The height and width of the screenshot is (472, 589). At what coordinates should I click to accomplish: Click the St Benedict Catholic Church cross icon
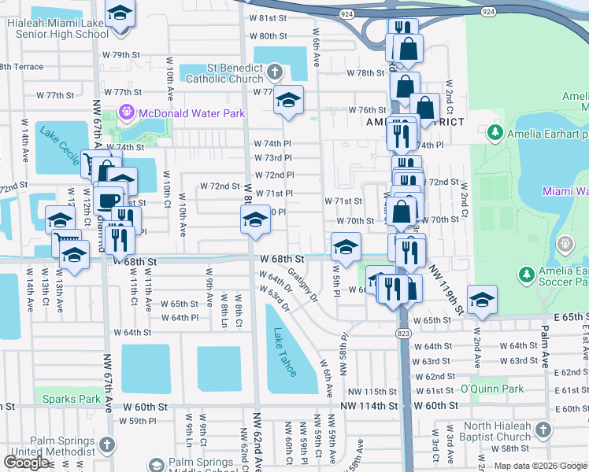click(274, 73)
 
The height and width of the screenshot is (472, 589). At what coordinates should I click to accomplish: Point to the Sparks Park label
click(72, 400)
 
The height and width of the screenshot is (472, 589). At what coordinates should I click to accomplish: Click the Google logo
click(26, 462)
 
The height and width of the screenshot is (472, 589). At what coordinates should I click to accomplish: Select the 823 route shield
click(403, 334)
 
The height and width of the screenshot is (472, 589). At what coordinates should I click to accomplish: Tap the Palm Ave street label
click(544, 351)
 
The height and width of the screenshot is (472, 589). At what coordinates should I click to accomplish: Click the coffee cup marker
click(109, 197)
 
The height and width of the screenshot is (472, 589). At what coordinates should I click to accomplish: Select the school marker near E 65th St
click(482, 299)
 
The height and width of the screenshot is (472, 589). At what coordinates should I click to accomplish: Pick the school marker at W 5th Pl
click(346, 247)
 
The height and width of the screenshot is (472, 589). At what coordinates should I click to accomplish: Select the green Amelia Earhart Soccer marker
click(526, 275)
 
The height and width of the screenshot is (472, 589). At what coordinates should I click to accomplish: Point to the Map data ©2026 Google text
click(540, 466)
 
